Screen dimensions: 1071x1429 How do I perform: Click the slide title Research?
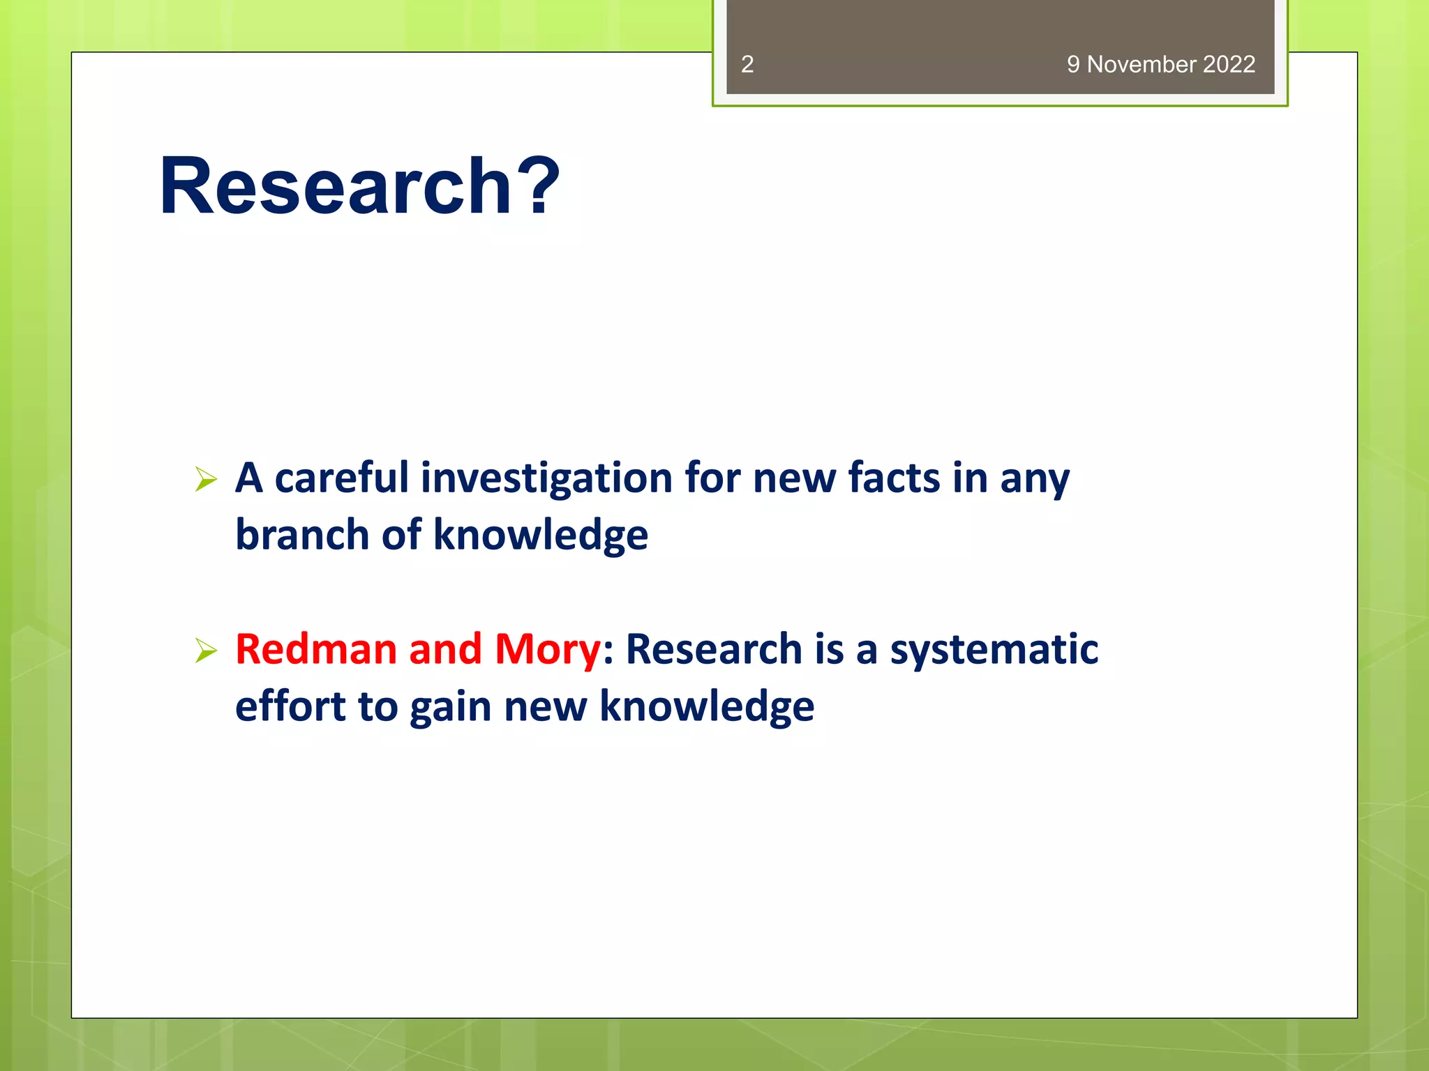point(359,185)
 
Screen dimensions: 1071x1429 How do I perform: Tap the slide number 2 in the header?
point(747,64)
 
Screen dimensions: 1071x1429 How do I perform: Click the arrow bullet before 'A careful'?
point(206,479)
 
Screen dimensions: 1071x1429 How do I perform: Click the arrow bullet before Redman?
point(206,650)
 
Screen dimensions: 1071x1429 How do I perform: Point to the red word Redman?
point(315,648)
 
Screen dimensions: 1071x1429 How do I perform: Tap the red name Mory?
point(547,648)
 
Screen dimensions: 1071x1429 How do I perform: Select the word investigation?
point(546,479)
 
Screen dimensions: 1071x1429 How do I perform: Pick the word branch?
point(301,535)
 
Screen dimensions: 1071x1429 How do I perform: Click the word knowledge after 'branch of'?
point(541,535)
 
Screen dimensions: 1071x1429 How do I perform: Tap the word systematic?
point(994,648)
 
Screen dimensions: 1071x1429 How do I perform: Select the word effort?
point(290,706)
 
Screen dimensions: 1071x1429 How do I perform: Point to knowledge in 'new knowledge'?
point(706,706)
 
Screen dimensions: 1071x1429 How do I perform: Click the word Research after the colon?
point(714,648)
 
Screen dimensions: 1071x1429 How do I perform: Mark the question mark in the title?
point(543,185)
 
